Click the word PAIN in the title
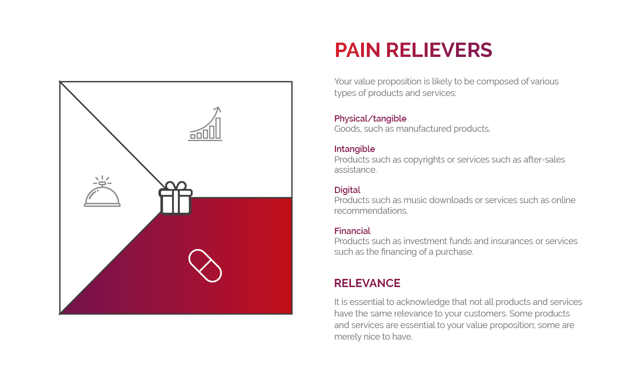coord(357,50)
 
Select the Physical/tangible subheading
coord(370,119)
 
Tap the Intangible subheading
coord(354,149)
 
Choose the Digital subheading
coord(347,190)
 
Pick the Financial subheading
coord(352,231)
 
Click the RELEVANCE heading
coord(367,283)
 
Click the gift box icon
coord(175,198)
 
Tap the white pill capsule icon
coord(205,265)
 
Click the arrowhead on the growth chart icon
coord(218,110)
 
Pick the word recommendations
coord(371,211)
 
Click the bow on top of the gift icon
coord(175,186)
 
